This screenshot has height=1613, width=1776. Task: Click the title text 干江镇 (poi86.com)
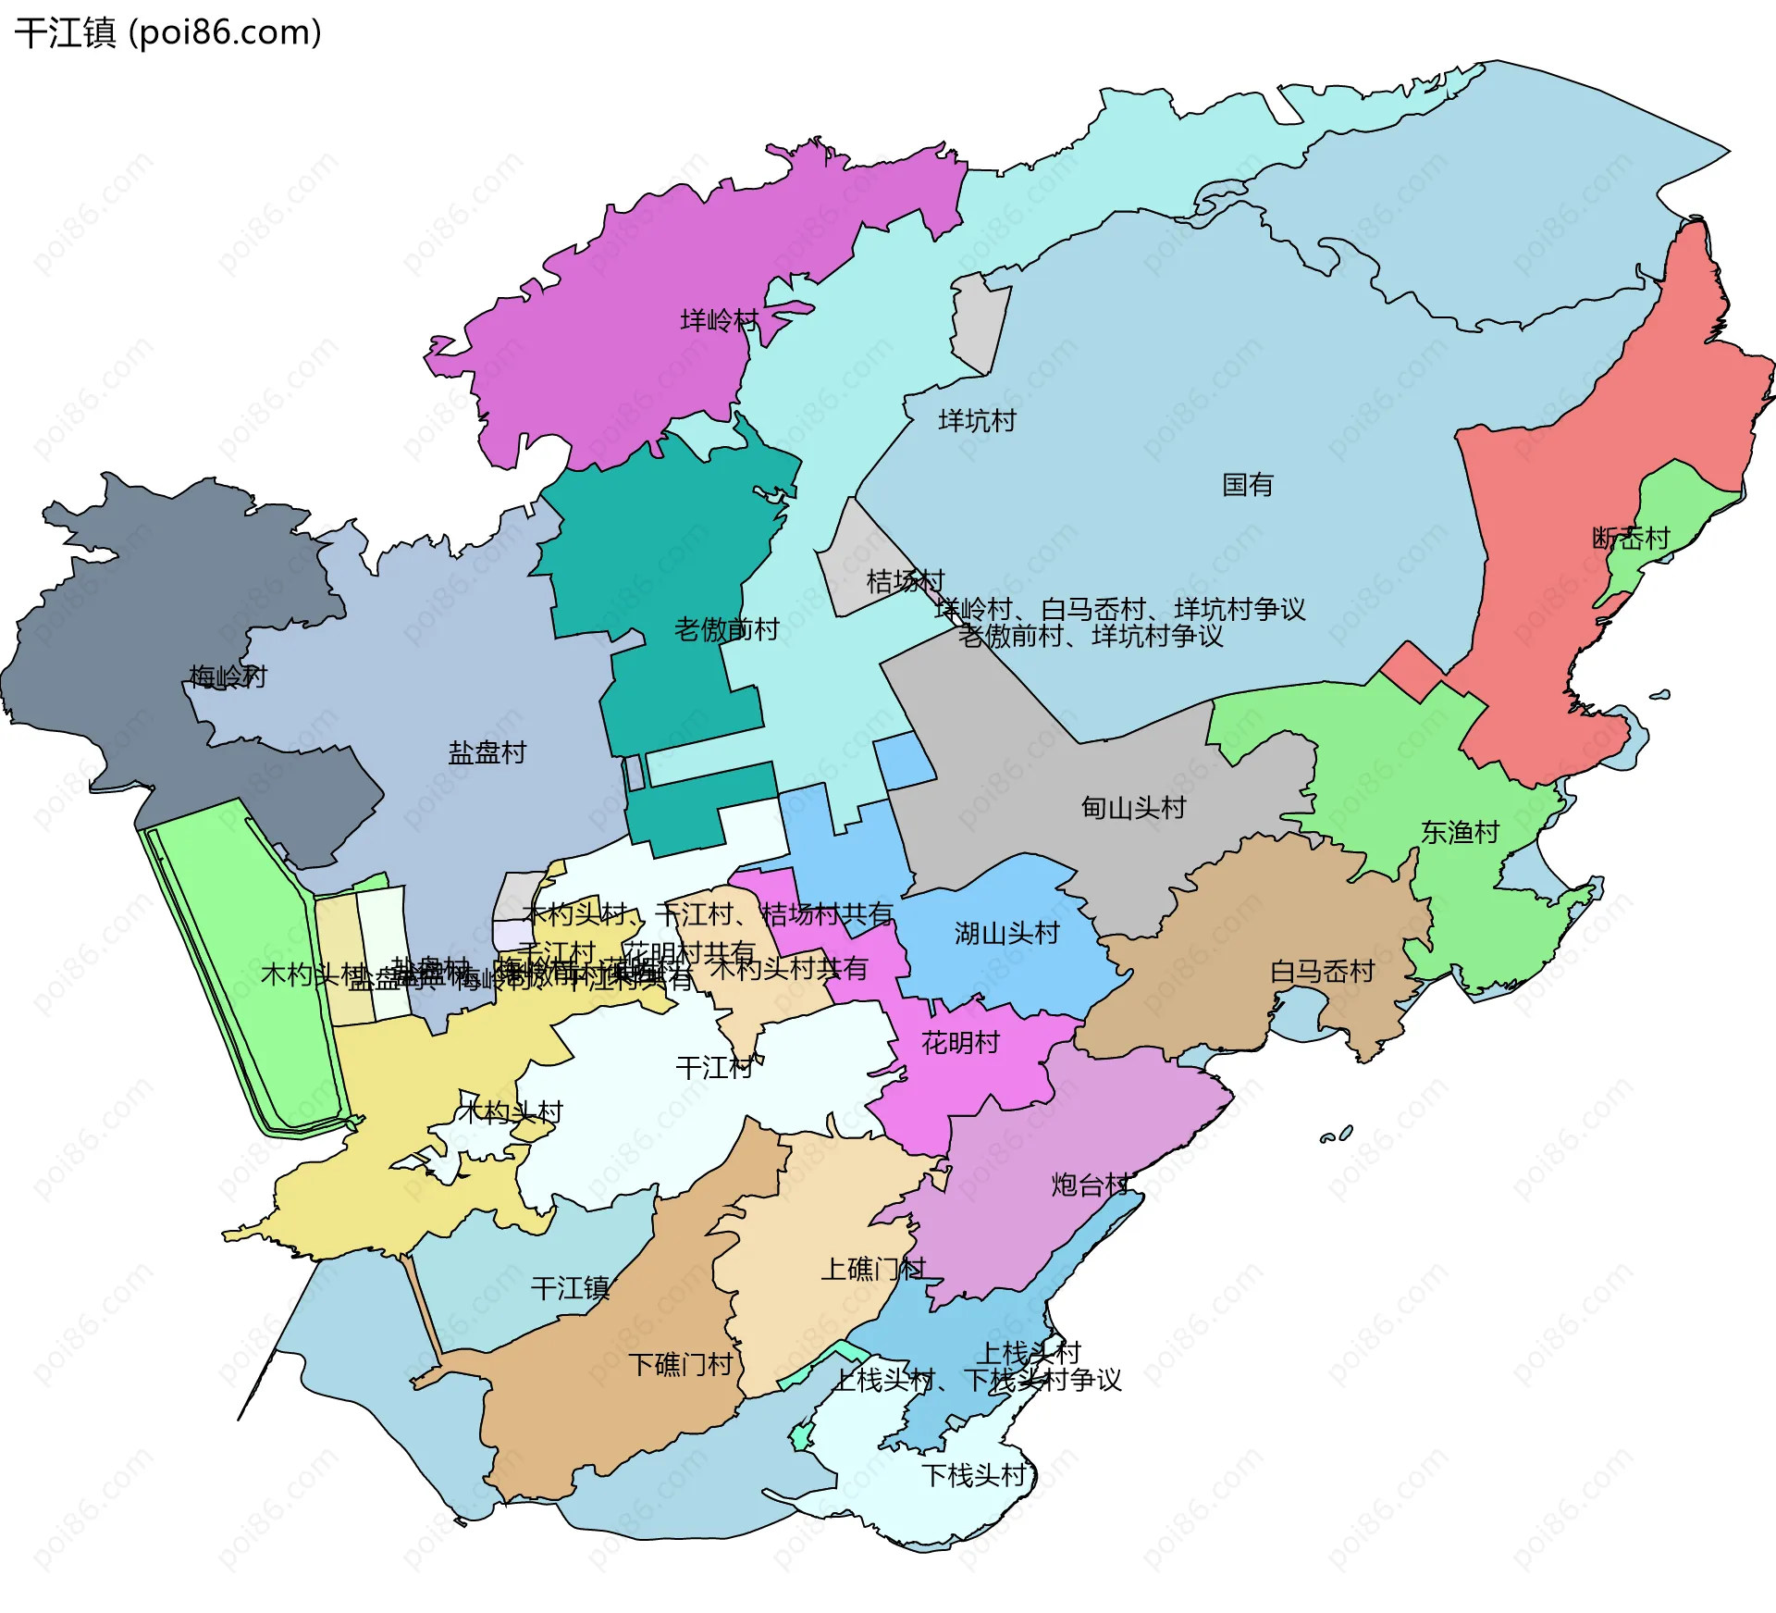pyautogui.click(x=168, y=32)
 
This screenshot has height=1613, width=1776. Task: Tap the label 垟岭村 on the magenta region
pyautogui.click(x=719, y=320)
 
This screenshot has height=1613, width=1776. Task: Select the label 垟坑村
pyautogui.click(x=977, y=420)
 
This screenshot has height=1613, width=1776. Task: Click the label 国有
pyautogui.click(x=1247, y=484)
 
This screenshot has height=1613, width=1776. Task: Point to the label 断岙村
pyautogui.click(x=1630, y=538)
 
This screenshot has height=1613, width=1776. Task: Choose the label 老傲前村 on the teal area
pyautogui.click(x=726, y=629)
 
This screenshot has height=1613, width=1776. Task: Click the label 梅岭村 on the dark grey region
pyautogui.click(x=228, y=676)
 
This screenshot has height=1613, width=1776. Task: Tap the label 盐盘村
pyautogui.click(x=487, y=752)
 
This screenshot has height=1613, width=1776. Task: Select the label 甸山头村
pyautogui.click(x=1133, y=808)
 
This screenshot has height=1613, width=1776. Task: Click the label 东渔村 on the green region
pyautogui.click(x=1459, y=832)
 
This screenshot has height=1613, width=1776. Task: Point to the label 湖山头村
pyautogui.click(x=1006, y=933)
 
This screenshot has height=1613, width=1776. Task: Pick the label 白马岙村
pyautogui.click(x=1322, y=971)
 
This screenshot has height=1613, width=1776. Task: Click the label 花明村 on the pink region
pyautogui.click(x=960, y=1043)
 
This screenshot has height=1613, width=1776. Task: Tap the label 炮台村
pyautogui.click(x=1090, y=1185)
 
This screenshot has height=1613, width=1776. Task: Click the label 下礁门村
pyautogui.click(x=681, y=1364)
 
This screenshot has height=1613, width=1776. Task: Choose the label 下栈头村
pyautogui.click(x=974, y=1475)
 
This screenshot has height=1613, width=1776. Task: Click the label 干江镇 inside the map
pyautogui.click(x=570, y=1288)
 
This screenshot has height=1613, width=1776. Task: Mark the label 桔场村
pyautogui.click(x=905, y=581)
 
